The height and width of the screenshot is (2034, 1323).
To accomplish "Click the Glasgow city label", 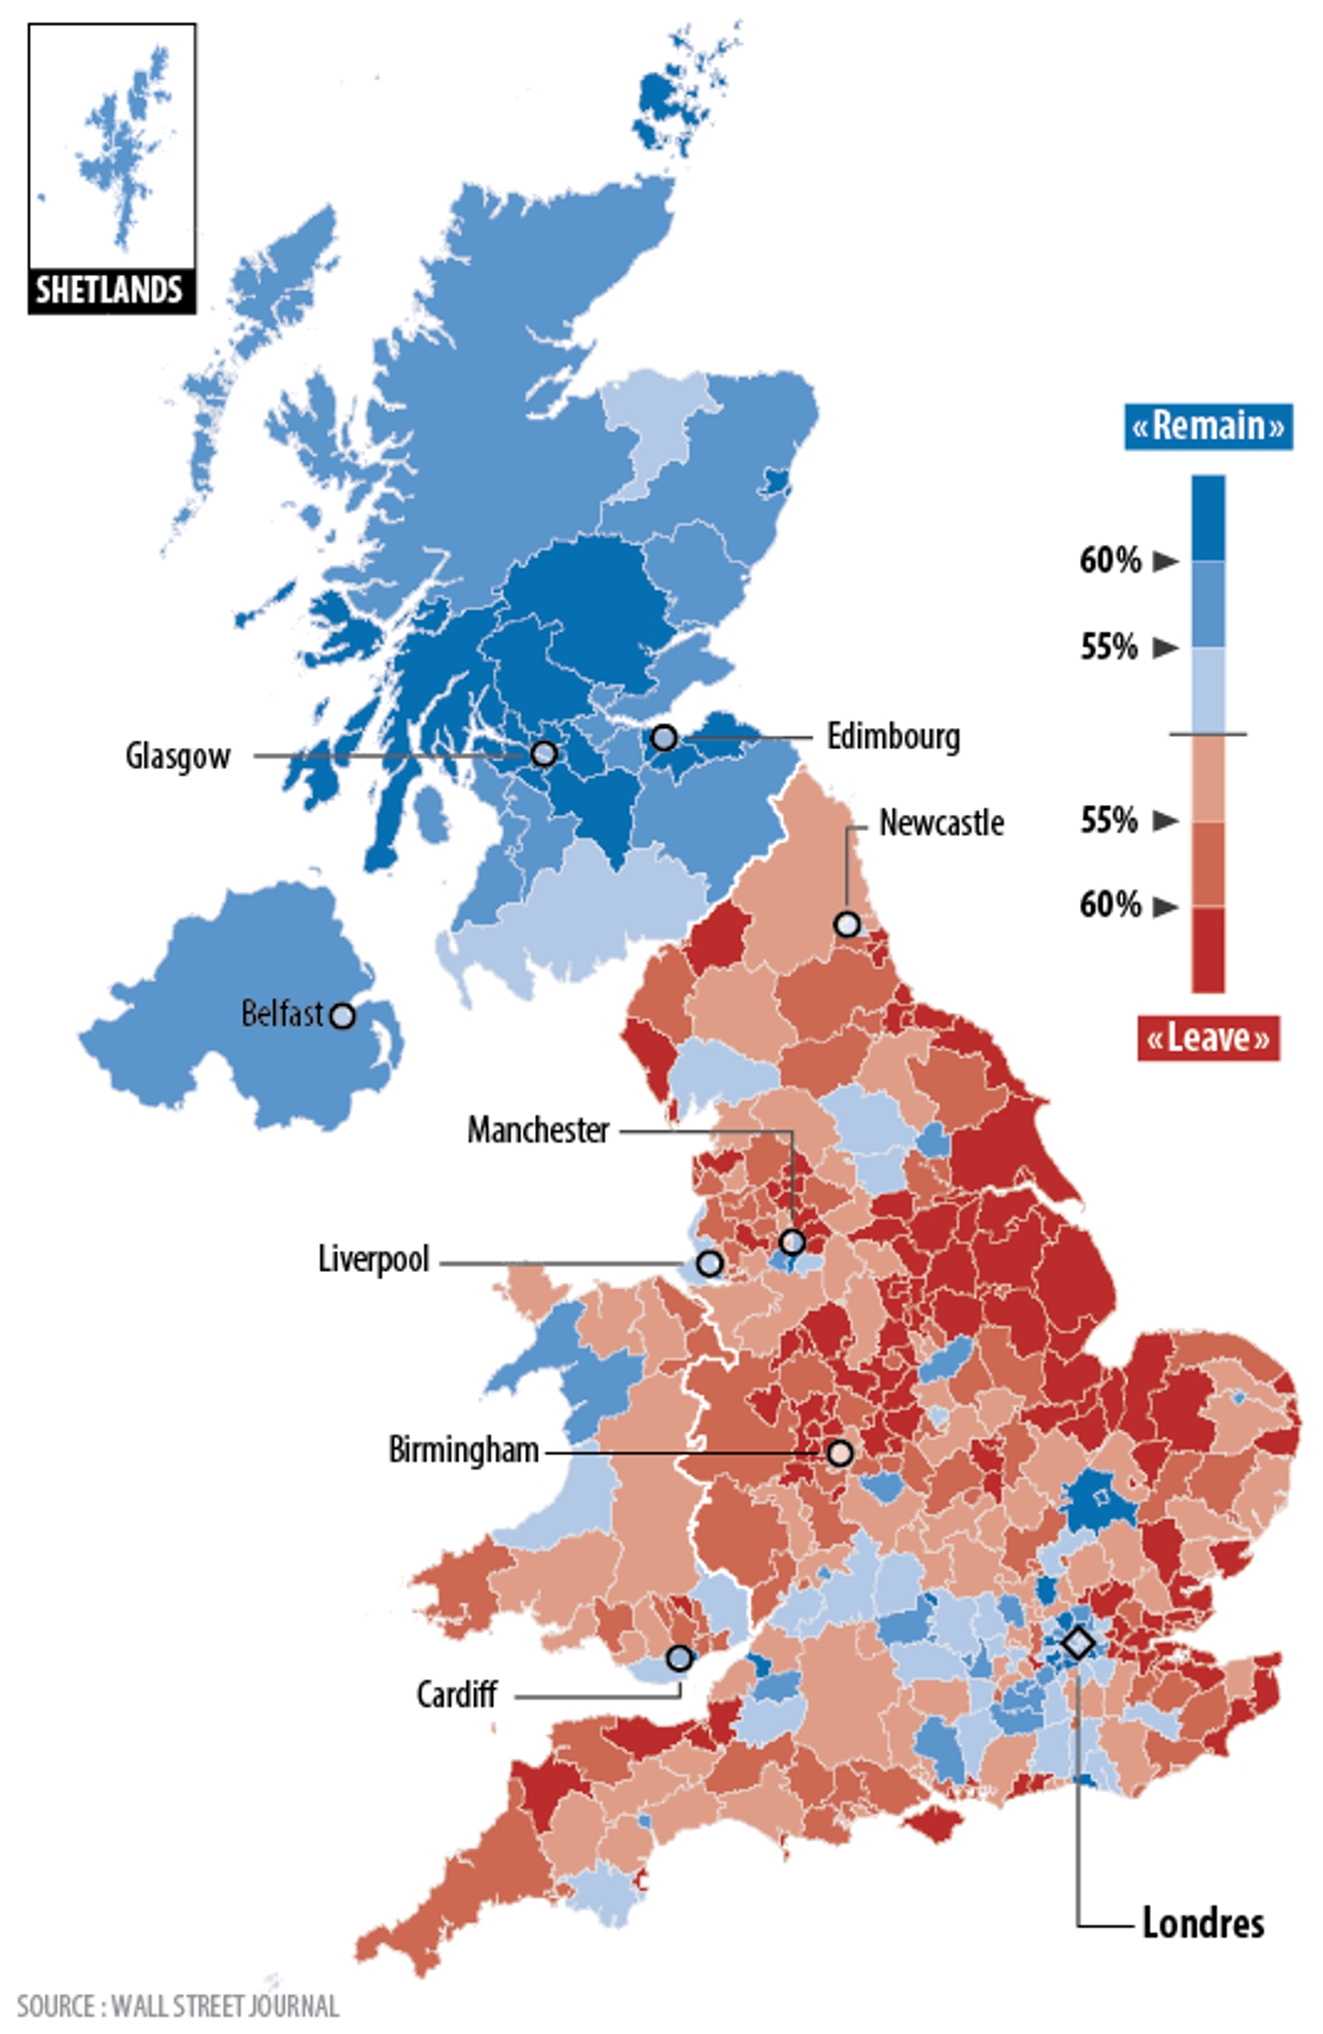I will [177, 756].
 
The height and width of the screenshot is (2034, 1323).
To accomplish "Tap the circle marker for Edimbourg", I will [664, 738].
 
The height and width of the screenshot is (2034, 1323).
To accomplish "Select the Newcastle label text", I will [940, 824].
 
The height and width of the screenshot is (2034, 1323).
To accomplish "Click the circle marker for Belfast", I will [342, 1016].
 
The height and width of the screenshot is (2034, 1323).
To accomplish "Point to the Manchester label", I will [538, 1131].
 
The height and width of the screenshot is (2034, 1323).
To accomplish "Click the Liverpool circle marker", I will [708, 1263].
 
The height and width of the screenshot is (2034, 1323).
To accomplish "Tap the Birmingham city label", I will [463, 1450].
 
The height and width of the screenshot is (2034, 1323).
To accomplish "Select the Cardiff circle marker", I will [679, 1658].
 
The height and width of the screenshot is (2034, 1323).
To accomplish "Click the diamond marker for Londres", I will [1078, 1643].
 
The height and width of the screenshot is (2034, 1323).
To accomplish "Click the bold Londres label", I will [1202, 1923].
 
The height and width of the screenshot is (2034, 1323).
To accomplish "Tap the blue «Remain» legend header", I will [1208, 426].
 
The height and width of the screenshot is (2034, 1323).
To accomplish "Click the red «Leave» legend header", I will [1207, 1038].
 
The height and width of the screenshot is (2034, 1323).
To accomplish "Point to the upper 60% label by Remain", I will [1110, 561].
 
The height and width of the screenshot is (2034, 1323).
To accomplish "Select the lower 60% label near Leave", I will [1110, 905].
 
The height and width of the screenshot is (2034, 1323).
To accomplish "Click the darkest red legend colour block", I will [1208, 948].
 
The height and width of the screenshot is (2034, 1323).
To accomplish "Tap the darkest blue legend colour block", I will [1208, 517].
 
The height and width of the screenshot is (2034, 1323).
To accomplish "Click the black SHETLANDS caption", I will [110, 291].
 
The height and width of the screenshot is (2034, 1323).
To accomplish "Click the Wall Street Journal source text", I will [178, 2005].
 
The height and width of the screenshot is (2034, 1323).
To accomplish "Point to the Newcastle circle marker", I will [847, 924].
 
